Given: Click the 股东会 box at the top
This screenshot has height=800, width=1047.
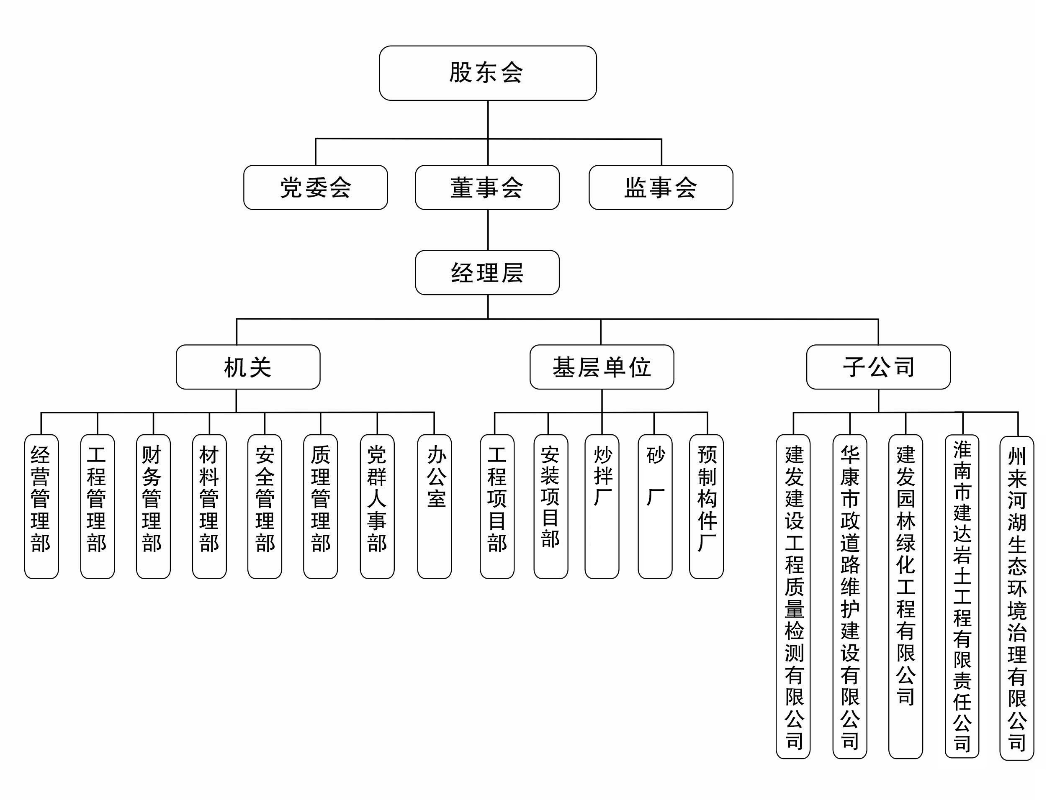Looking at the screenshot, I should click(487, 73).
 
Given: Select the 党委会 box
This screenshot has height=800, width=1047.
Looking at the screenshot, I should click(315, 187).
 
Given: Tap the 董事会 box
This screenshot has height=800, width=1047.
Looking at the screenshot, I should click(487, 187).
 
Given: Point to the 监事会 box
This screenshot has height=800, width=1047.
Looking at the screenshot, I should click(661, 187).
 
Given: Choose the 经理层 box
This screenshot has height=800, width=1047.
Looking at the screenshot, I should click(487, 272).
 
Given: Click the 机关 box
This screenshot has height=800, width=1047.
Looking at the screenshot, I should click(248, 367).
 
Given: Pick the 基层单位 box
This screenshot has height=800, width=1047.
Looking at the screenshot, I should click(602, 367).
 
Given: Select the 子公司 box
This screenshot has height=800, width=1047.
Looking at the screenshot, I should click(878, 367).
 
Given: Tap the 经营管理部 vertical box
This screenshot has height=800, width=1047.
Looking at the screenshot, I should click(41, 506).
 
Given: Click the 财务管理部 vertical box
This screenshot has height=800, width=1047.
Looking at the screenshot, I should click(153, 506).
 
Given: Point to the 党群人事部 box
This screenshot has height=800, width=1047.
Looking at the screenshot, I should click(377, 506).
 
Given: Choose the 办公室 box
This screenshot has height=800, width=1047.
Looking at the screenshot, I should click(435, 506).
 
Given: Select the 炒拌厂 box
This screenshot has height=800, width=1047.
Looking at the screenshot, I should click(602, 506).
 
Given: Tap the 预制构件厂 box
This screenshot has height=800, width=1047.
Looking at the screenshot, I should click(706, 506).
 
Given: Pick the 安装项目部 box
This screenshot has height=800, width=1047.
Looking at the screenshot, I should click(551, 506).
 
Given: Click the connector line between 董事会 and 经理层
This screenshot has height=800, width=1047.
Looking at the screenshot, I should click(488, 230).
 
